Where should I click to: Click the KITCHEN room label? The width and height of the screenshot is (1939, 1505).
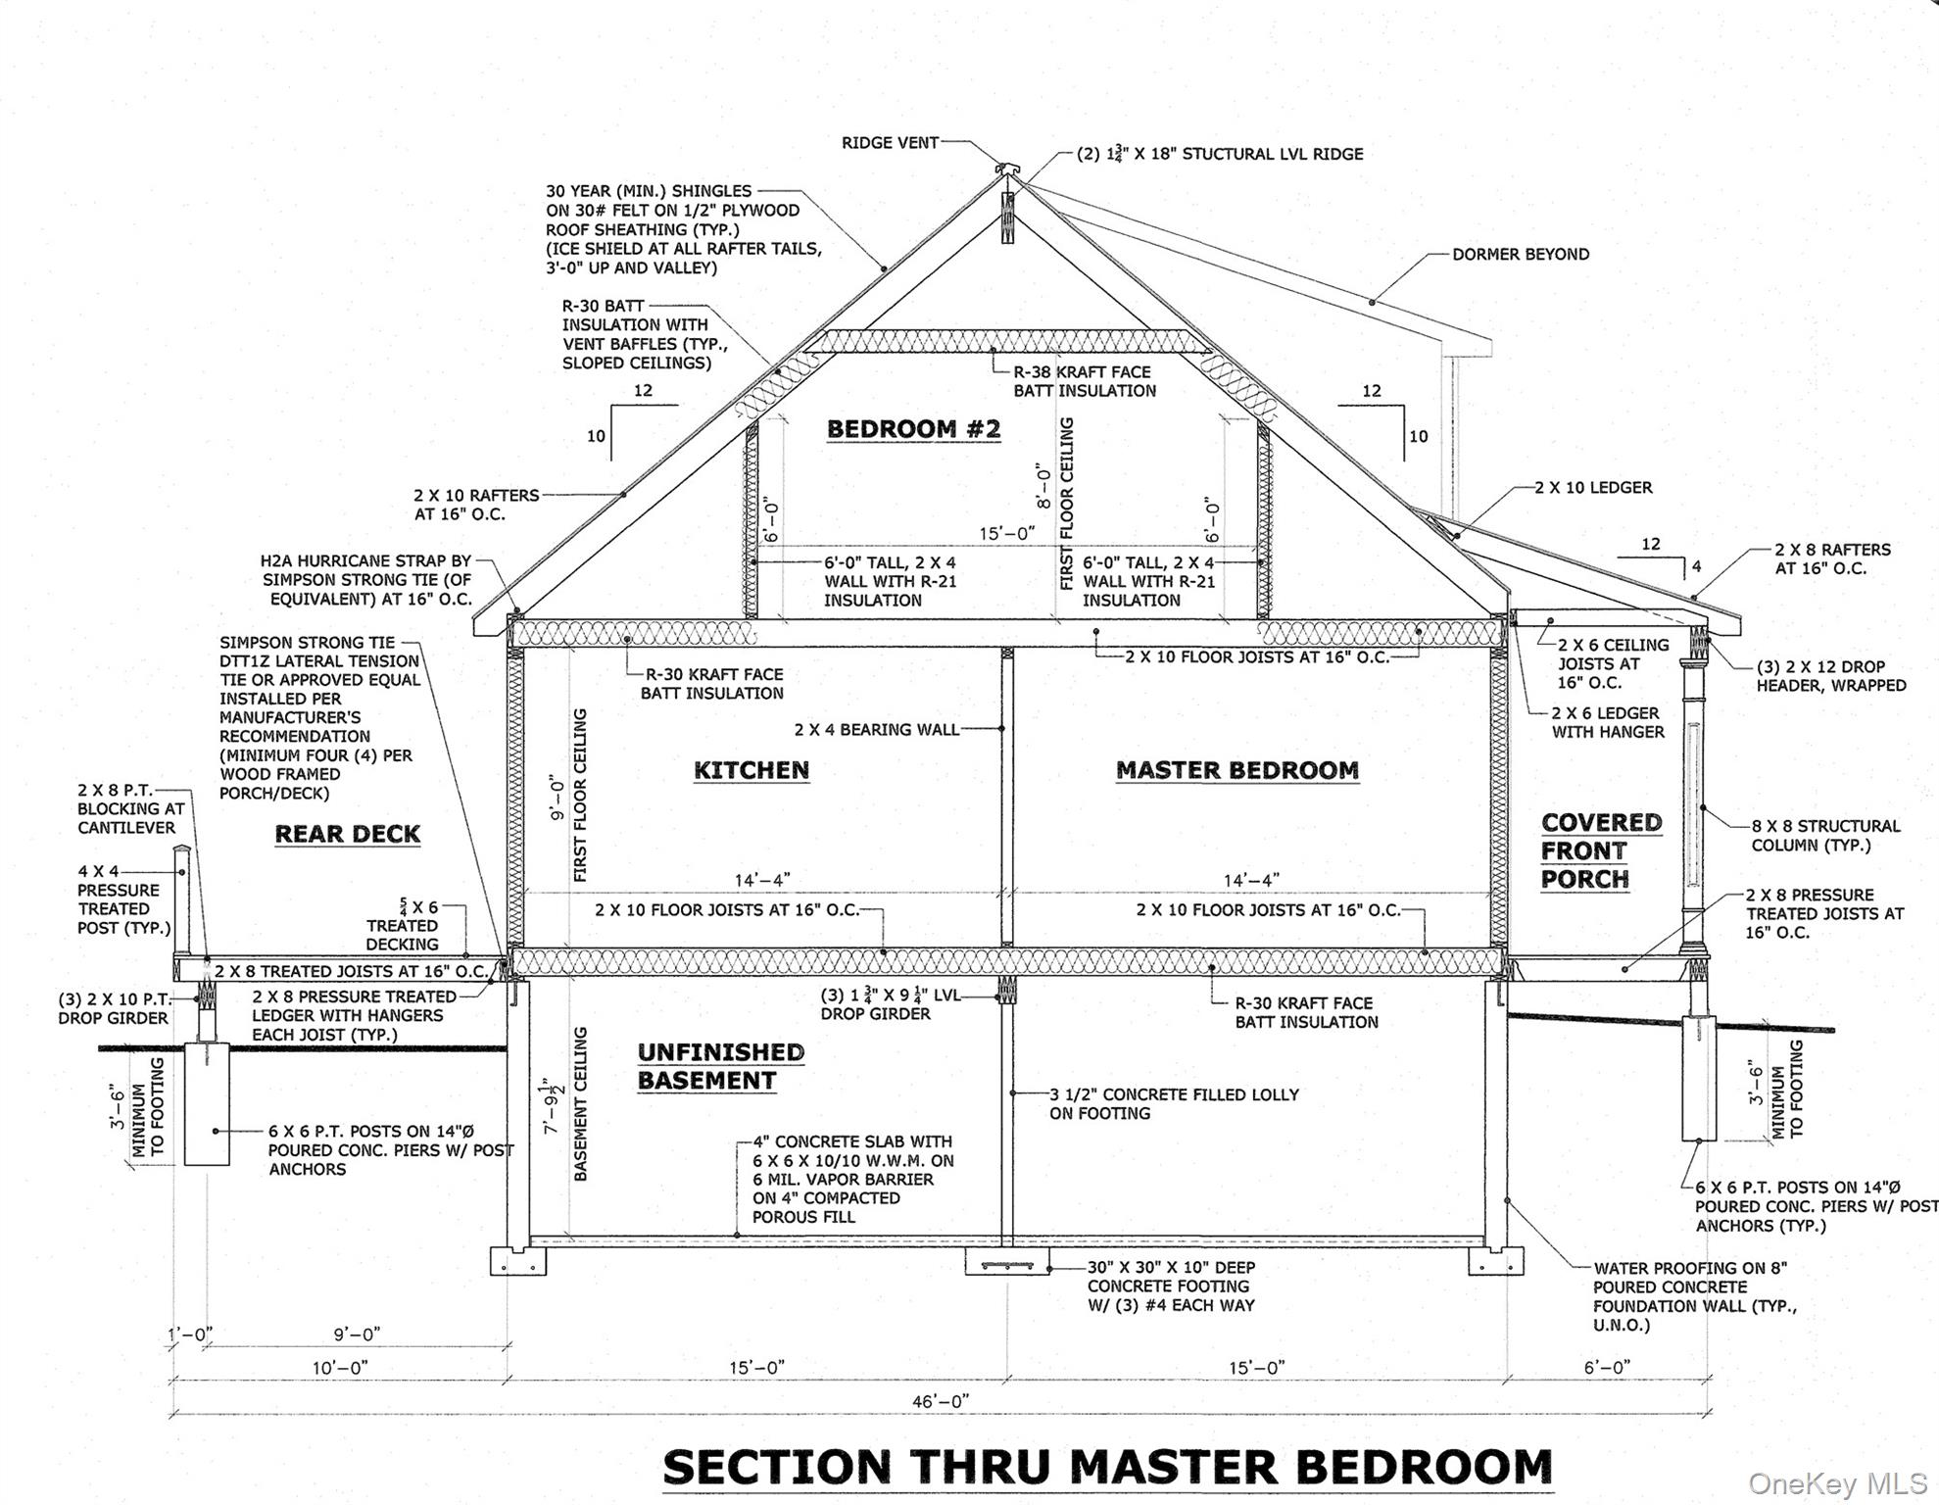coord(751,770)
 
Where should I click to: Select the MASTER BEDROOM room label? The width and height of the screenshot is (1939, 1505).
coord(1237,770)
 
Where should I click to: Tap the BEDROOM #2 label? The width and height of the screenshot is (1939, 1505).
coord(913,429)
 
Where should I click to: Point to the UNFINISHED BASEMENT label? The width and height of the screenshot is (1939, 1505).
coord(720,1066)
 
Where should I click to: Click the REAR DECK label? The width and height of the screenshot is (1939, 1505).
coord(347,834)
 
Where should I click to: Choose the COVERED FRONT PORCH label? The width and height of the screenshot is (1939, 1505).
coord(1601,850)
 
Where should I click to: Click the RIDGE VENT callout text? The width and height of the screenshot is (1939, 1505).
coord(890,143)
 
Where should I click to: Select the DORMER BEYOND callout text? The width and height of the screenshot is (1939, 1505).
coord(1521,254)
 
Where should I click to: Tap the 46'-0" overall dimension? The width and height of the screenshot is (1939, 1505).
coord(941,1401)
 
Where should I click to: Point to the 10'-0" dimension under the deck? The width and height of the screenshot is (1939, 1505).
coord(340,1367)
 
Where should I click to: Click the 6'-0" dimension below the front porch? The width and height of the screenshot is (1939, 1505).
coord(1607,1367)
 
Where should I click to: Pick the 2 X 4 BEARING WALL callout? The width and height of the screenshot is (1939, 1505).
coord(876,729)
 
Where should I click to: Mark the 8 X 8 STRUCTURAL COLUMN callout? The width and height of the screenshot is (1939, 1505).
coord(1825,836)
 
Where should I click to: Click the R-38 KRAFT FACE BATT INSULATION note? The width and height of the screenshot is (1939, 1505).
coord(1085,381)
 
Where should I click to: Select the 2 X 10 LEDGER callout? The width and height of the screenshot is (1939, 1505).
coord(1593,487)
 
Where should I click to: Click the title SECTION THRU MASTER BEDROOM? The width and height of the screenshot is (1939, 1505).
coord(1108,1467)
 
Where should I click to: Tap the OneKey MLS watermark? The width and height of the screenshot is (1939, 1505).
coord(1838,1484)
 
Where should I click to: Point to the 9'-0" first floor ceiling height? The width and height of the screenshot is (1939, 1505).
coord(557,799)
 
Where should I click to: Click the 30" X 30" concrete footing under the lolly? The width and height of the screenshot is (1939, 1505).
coord(1007,1262)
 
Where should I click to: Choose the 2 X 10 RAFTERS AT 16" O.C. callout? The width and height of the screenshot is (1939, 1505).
coord(476,505)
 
